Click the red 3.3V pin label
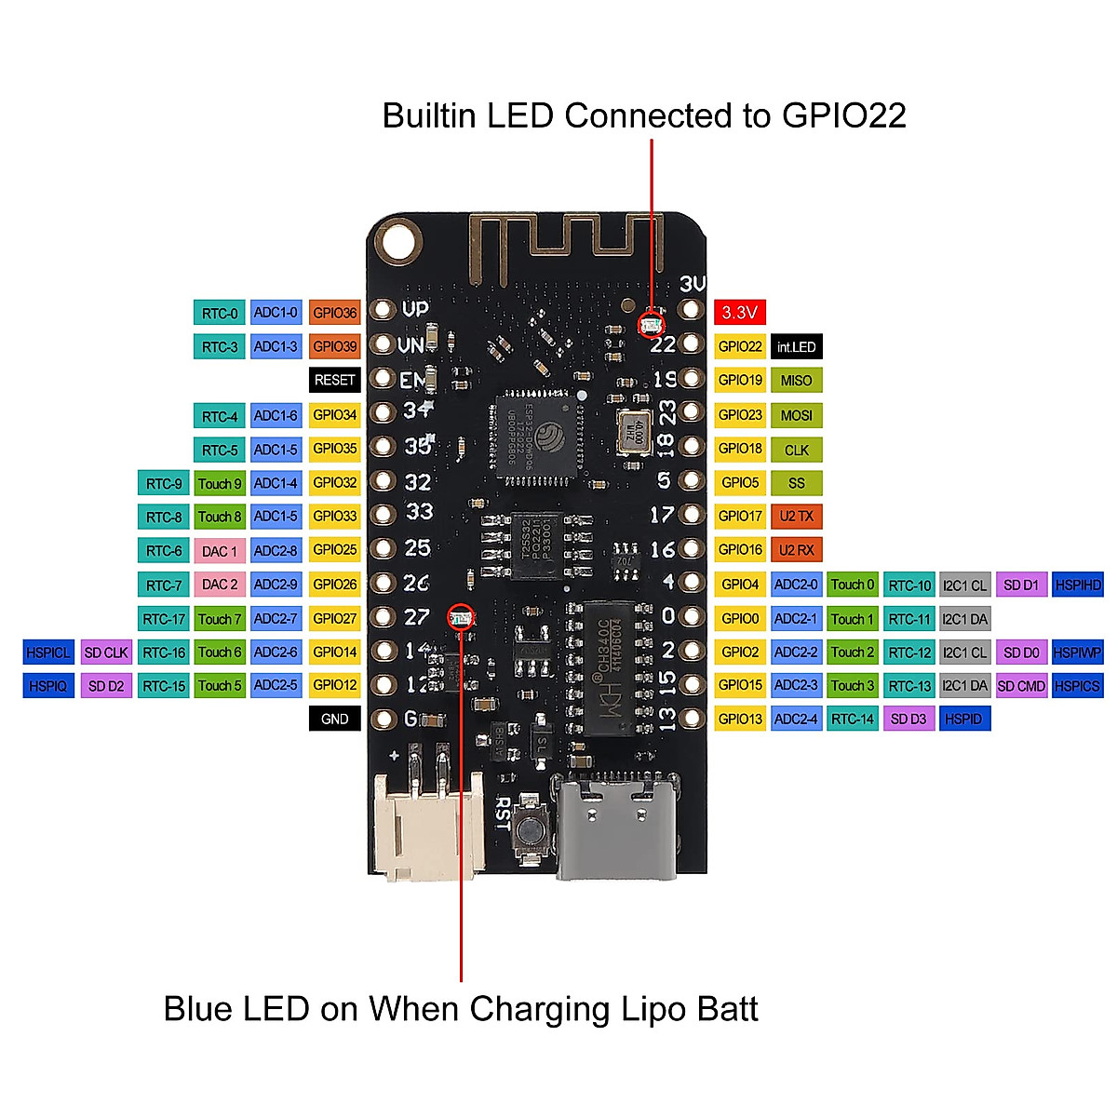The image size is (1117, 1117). tap(740, 313)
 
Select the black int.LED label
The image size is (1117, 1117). tap(797, 347)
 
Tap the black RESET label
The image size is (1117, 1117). tap(334, 380)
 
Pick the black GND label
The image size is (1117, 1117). tap(334, 719)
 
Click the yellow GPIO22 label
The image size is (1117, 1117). tap(740, 347)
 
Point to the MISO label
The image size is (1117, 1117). tap(797, 381)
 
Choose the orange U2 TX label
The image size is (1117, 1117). tap(797, 517)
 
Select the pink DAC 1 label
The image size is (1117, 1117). tap(220, 551)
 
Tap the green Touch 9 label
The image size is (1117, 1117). tap(220, 484)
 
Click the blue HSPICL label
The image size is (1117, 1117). tap(48, 653)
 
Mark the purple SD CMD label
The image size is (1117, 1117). tap(1021, 686)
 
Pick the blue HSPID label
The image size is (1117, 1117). tap(963, 719)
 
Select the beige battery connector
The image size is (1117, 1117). tap(428, 824)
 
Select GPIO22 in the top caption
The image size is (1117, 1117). tap(843, 115)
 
